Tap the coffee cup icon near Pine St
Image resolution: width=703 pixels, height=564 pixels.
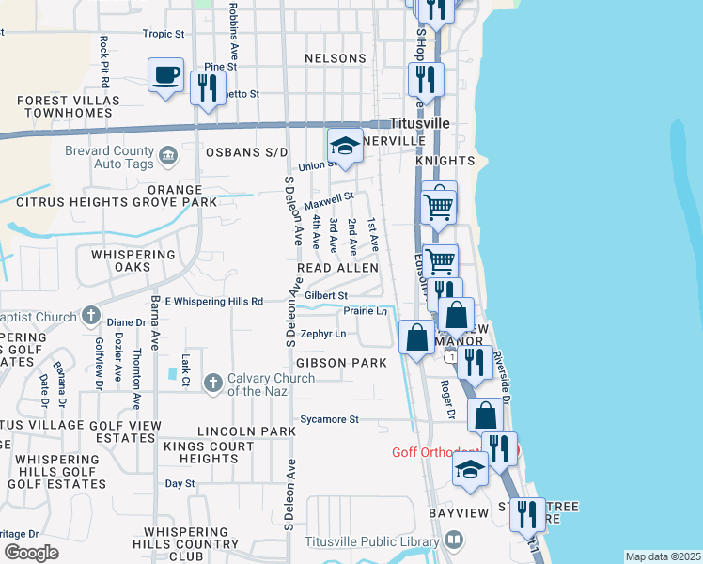(x=166, y=74)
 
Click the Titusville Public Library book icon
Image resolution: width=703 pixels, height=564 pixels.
(x=455, y=540)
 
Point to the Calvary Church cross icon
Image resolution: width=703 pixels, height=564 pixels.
(x=212, y=382)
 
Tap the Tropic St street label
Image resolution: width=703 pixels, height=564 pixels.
(x=163, y=34)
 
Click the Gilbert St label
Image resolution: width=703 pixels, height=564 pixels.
(x=326, y=295)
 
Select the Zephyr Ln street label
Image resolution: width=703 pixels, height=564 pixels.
(x=323, y=334)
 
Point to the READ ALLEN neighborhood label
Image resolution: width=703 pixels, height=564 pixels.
(x=338, y=268)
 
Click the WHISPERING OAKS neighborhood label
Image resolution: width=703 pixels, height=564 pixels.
(x=133, y=260)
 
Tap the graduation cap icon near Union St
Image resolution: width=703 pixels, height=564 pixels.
(x=345, y=147)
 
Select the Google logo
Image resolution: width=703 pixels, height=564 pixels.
(x=31, y=553)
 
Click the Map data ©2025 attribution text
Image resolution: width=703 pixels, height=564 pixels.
(x=663, y=556)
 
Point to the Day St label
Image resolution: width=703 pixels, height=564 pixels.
(x=179, y=483)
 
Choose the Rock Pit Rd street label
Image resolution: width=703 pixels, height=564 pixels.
(x=104, y=56)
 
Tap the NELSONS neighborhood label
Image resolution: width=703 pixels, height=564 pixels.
(x=336, y=58)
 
